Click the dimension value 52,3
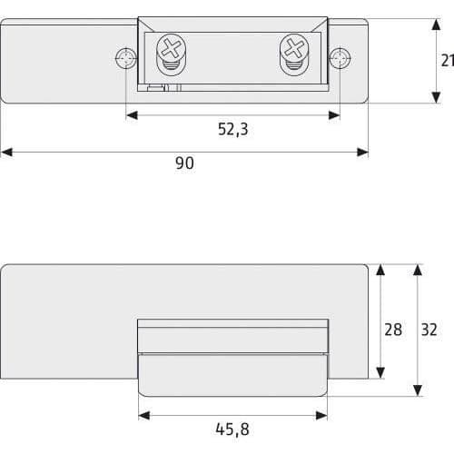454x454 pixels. (233, 130)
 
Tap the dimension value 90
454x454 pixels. (184, 163)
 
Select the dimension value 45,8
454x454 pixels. (232, 429)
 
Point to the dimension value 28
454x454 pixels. (393, 330)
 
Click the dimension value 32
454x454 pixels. (429, 330)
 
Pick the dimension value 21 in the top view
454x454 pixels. (448, 61)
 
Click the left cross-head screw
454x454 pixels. (171, 48)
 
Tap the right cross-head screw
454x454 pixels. (294, 48)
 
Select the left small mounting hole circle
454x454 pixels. (126, 58)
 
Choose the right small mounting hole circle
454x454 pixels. (340, 58)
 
